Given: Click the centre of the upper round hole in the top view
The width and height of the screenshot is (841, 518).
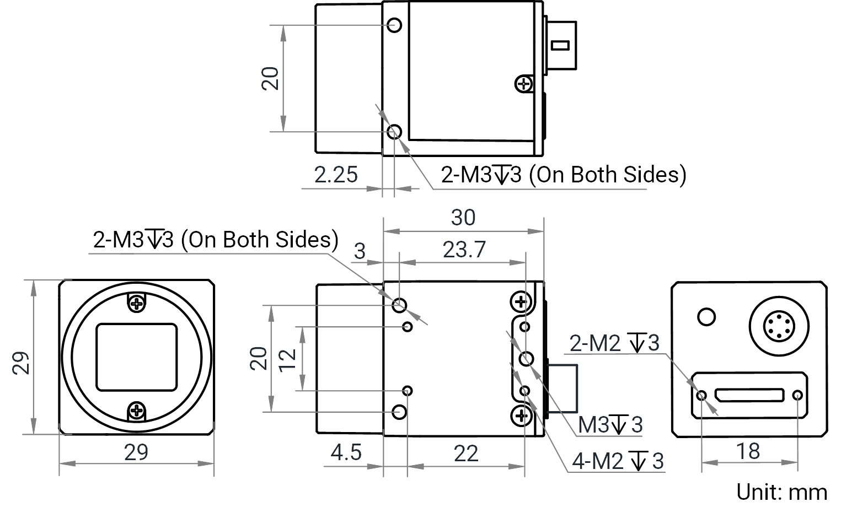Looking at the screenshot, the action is pos(394,25).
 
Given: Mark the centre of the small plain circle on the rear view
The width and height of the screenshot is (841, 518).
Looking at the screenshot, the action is pos(706,317).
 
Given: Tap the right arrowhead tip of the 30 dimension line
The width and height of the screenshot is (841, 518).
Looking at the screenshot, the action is pos(544,231).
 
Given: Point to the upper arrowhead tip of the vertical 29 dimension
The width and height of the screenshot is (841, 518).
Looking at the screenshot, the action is pos(34,280).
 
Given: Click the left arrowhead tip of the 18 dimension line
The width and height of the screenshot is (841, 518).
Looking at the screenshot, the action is pos(701,463).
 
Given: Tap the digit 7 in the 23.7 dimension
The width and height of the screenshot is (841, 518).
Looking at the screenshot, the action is pos(479,250).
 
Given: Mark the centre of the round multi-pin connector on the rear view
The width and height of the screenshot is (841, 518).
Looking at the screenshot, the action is pos(779,326).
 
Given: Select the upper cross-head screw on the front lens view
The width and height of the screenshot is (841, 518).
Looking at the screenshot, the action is pos(137,304).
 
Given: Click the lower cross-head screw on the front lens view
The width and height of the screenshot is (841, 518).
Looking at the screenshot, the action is pos(137,411).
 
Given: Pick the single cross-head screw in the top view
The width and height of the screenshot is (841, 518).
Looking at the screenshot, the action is pos(524,84).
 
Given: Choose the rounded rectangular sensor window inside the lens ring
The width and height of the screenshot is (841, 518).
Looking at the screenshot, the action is pos(137,357).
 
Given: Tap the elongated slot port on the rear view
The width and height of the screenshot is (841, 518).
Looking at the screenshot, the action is pos(749,395).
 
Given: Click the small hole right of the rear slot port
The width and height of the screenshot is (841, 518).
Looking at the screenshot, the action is pos(798,395).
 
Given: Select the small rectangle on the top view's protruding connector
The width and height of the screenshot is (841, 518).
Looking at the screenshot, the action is pos(560,46).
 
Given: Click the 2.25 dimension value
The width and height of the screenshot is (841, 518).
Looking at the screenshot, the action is pos(336,175).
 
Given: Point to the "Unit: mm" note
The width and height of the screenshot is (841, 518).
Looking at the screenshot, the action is pos(781,492).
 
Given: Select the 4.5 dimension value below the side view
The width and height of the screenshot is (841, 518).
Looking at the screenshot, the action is pos(346,452).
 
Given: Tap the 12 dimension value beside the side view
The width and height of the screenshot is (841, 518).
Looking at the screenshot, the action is pos(287,360).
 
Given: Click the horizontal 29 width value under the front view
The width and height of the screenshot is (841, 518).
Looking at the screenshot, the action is pos(136,452).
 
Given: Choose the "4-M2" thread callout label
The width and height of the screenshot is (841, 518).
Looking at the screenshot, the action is pos(597,461).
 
